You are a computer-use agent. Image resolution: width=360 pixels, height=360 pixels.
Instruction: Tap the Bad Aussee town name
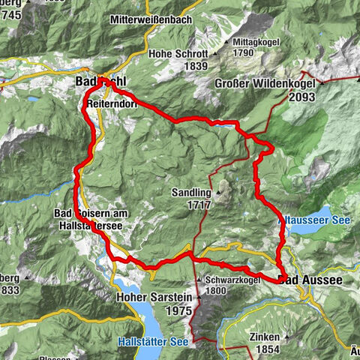click(x=310, y=280)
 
